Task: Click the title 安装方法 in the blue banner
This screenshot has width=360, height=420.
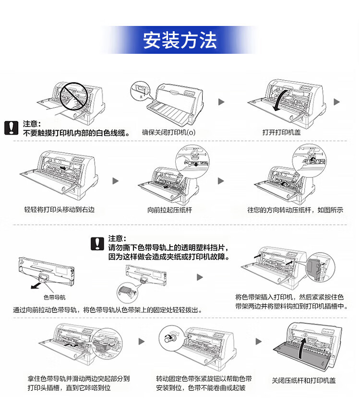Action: (180, 40)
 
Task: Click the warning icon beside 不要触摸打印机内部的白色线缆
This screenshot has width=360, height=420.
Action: (11, 127)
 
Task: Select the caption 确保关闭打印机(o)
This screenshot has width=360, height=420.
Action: (168, 132)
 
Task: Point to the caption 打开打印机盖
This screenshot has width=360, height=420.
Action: (282, 132)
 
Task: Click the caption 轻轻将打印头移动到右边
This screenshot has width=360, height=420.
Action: (60, 210)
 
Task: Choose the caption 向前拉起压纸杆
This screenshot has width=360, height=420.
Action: (169, 210)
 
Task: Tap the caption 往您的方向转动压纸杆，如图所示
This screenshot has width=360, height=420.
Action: (295, 210)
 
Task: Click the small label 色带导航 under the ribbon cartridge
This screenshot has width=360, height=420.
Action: (54, 297)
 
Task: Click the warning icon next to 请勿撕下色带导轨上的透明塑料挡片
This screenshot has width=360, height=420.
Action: (97, 243)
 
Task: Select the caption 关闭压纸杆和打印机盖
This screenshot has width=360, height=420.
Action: (304, 381)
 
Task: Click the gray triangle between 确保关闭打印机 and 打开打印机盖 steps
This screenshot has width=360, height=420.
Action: (221, 102)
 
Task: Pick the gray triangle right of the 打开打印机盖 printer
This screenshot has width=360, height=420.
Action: (336, 102)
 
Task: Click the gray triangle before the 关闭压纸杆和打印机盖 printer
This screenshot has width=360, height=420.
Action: (259, 341)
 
